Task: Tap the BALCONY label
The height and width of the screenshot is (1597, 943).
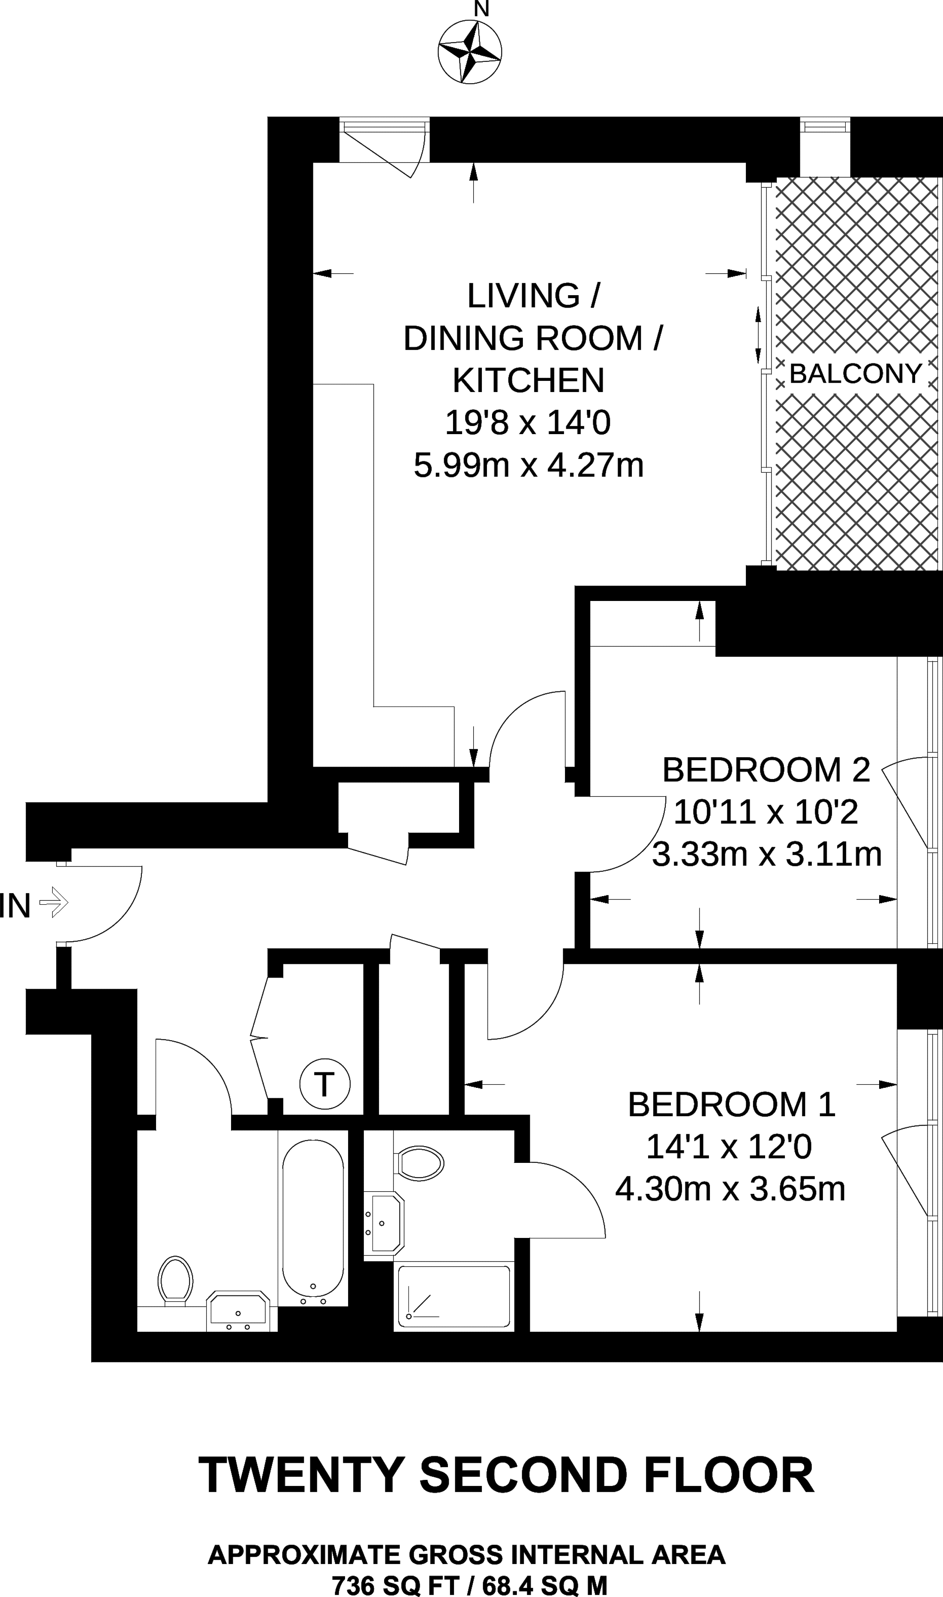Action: [855, 374]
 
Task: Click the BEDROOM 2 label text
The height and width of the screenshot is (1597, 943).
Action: [766, 770]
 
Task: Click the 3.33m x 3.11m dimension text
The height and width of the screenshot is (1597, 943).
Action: [767, 854]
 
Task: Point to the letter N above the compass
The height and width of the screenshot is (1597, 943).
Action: [482, 9]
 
